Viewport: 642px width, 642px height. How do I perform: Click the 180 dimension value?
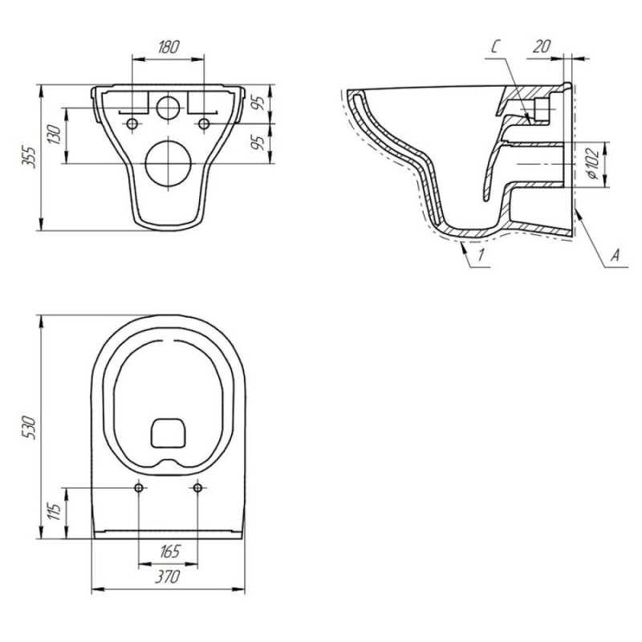click(x=169, y=47)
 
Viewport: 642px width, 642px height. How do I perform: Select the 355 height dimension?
click(x=29, y=156)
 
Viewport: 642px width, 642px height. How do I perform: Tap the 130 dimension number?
click(x=55, y=134)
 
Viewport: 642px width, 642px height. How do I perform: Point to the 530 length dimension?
click(x=29, y=428)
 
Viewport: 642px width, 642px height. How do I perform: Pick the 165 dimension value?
click(x=169, y=552)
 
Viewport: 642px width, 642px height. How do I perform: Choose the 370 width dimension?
click(x=168, y=577)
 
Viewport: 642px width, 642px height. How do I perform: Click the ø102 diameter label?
click(x=593, y=165)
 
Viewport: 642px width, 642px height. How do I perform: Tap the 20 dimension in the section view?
click(x=541, y=47)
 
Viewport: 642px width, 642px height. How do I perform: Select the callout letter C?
click(x=495, y=47)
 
